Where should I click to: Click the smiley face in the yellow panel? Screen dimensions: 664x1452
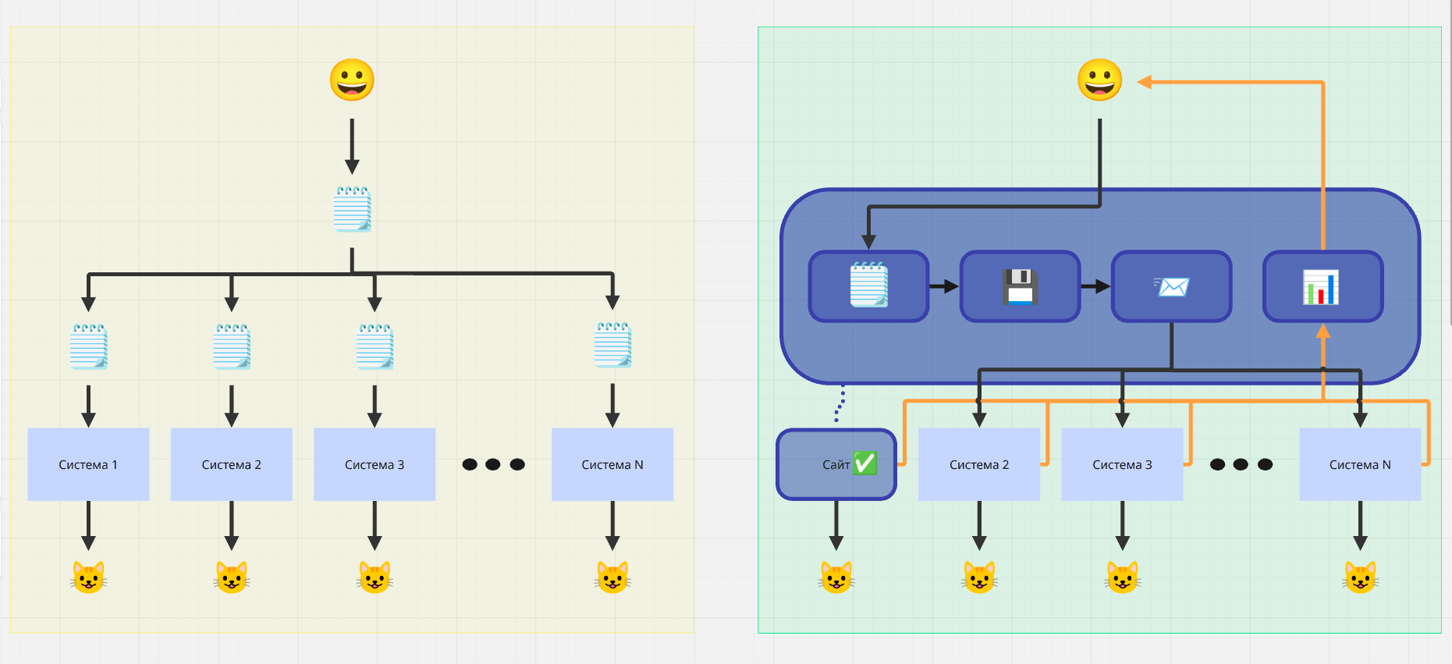tap(352, 80)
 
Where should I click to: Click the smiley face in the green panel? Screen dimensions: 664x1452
tap(1099, 80)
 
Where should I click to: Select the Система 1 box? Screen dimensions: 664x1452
tap(88, 464)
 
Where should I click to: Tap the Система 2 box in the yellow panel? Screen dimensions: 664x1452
tap(231, 464)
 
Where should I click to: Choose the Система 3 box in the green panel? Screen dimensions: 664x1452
tap(1122, 464)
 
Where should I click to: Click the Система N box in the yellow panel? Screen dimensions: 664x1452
tap(612, 464)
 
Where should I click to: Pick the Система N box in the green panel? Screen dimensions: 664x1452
tap(1360, 464)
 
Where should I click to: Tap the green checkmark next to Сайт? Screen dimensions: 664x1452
tap(864, 463)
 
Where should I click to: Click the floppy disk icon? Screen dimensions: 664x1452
tap(1020, 286)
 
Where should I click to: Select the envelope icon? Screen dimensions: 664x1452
tap(1172, 286)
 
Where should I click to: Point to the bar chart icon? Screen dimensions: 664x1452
tap(1321, 286)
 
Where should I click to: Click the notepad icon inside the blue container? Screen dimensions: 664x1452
tap(868, 286)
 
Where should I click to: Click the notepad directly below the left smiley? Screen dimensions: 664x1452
tap(352, 209)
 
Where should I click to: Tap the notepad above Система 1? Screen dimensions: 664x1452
tap(88, 346)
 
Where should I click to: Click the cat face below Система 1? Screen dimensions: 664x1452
tap(88, 577)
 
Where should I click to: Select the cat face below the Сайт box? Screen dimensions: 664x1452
tap(836, 578)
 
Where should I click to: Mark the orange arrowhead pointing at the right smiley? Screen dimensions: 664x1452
tap(1145, 82)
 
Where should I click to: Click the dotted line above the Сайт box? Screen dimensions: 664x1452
tap(840, 403)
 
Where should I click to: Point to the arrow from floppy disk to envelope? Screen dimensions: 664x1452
tap(1095, 286)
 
